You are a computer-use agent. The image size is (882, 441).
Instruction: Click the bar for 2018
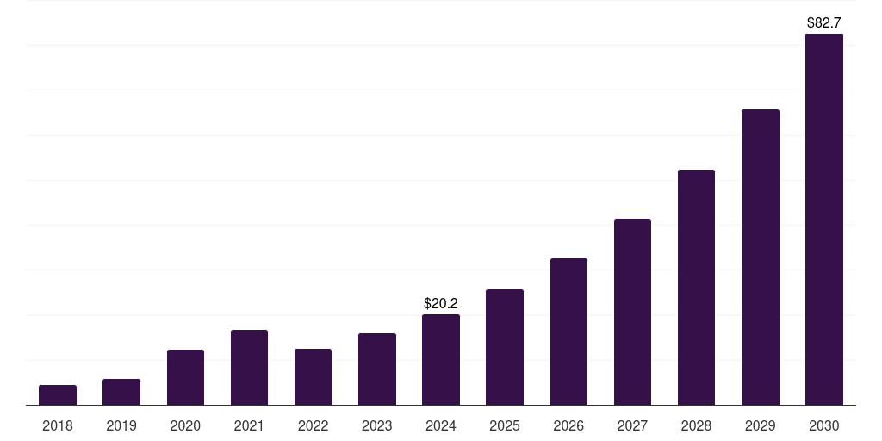(58, 395)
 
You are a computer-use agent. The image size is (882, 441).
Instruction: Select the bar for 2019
(121, 392)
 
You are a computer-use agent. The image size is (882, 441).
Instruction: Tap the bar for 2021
(249, 368)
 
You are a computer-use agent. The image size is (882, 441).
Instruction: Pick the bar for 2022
(313, 377)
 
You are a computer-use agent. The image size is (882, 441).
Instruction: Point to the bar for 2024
(441, 360)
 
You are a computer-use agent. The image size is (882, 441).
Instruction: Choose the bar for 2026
(568, 332)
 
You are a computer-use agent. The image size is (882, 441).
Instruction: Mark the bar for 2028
(696, 288)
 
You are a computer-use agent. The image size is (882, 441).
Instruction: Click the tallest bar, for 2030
(823, 220)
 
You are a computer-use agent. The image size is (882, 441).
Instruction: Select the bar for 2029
(760, 258)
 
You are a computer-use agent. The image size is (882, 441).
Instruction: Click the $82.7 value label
(823, 23)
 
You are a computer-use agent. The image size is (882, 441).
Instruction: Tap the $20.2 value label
(441, 304)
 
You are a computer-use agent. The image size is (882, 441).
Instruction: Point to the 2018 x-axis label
(58, 425)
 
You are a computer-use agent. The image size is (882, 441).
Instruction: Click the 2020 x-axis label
(185, 425)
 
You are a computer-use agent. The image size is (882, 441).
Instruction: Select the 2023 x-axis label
(377, 425)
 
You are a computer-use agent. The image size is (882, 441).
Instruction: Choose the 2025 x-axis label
(505, 425)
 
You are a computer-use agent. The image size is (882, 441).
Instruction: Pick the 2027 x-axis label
(632, 425)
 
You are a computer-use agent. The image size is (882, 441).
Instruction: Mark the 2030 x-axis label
(823, 425)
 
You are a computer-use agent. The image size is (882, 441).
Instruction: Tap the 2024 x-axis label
(441, 425)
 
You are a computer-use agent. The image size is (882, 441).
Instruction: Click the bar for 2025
(505, 347)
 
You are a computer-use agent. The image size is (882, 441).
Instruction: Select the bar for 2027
(632, 312)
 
